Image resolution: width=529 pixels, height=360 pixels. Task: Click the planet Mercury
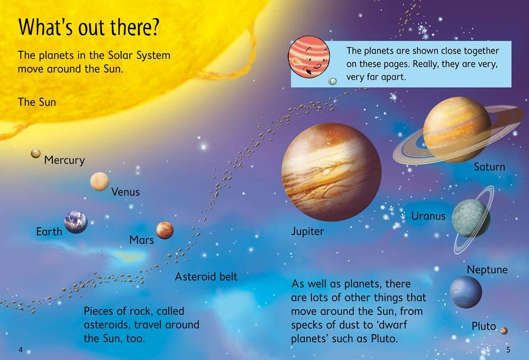coord(35,153)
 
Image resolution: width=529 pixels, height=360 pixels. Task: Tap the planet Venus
coord(99,182)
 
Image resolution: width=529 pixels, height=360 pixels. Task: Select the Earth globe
coord(76,222)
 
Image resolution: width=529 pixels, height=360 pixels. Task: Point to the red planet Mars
coord(165,230)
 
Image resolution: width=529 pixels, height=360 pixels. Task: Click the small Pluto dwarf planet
coord(504,331)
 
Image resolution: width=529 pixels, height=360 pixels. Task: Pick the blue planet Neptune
coord(466,292)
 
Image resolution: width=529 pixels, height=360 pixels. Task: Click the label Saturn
coord(489,167)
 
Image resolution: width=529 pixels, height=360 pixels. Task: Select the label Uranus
coord(428,216)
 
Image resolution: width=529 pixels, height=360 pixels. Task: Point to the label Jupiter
coord(307,231)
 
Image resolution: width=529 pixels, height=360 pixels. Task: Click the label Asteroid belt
coord(206,276)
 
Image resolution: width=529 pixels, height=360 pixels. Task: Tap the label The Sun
coord(37,102)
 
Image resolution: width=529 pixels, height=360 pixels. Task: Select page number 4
coord(20,349)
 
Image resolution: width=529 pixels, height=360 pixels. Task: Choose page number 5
coord(508,349)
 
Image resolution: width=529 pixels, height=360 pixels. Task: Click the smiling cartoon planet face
coord(309,57)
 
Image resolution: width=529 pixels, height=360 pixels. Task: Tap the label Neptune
coord(487,269)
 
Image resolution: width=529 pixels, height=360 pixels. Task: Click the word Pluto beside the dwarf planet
coord(484,326)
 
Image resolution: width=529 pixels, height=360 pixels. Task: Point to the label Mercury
coord(64,160)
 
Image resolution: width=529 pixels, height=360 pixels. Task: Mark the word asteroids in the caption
coord(109,325)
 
